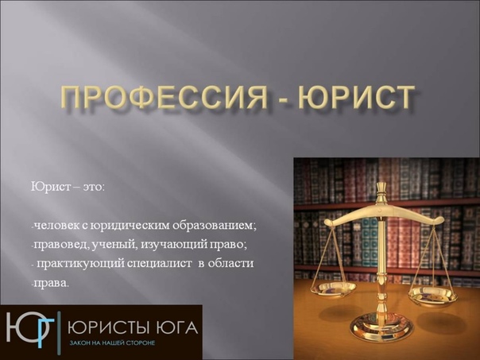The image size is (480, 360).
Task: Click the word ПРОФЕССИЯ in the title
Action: point(164,98)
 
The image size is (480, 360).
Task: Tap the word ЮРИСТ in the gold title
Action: point(356,98)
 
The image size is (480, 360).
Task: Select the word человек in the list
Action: point(56,226)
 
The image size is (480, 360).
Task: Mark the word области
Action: point(230,263)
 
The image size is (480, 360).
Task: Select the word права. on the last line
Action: point(50,283)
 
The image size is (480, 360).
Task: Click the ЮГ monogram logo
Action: point(31,331)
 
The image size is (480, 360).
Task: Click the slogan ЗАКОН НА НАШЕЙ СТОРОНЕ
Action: point(112,343)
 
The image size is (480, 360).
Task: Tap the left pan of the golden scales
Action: point(333,287)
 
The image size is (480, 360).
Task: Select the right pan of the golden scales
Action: point(432,295)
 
